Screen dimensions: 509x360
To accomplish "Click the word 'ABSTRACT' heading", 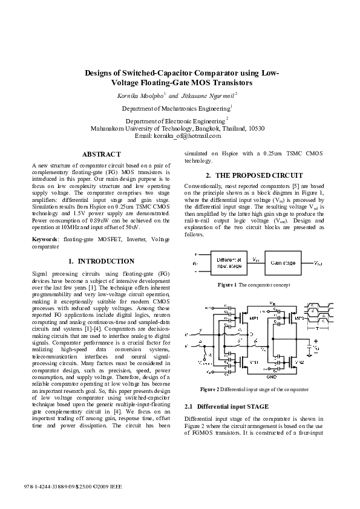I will [x=101, y=155].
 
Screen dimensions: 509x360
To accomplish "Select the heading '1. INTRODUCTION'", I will [x=101, y=261].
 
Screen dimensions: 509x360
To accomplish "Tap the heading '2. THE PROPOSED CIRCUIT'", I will [x=255, y=175].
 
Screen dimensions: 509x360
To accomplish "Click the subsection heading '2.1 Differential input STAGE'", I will [x=226, y=407].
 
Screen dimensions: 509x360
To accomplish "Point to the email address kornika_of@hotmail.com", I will [x=194, y=136].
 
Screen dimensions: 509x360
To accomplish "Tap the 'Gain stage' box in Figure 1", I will [x=284, y=262].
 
